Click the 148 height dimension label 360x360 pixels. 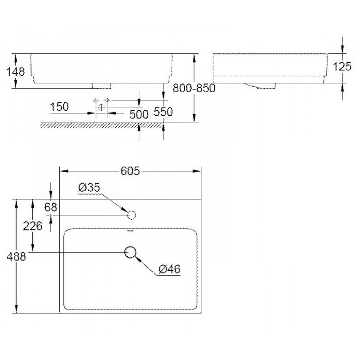click(16, 72)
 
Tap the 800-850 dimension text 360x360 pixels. click(194, 88)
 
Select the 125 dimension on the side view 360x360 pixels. click(342, 67)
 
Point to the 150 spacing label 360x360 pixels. click(59, 107)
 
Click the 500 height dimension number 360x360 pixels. click(139, 114)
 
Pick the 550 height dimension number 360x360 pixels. click(163, 112)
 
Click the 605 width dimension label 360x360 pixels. click(130, 171)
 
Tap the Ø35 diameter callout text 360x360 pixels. click(89, 188)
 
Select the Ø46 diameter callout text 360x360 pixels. click(170, 269)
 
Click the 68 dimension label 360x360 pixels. click(51, 207)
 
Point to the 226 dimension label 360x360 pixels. click(33, 226)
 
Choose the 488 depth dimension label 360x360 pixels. click(16, 256)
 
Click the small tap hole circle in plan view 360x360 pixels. click(131, 215)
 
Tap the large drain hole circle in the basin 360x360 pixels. click(130, 252)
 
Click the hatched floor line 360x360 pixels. click(101, 126)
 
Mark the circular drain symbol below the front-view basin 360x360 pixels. click(101, 107)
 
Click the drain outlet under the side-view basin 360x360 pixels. click(260, 86)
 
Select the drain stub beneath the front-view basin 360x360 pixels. click(101, 86)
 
